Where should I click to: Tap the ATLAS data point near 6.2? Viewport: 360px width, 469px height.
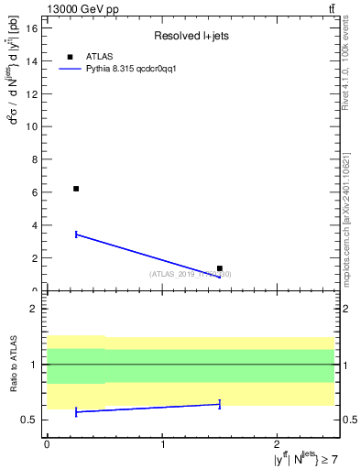coord(76,189)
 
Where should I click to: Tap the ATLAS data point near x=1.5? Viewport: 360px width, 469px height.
coord(220,268)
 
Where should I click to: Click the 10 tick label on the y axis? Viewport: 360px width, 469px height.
coord(35,126)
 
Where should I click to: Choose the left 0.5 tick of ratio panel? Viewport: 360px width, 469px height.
coord(33,420)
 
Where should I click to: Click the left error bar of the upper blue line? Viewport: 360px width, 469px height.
coord(76,234)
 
